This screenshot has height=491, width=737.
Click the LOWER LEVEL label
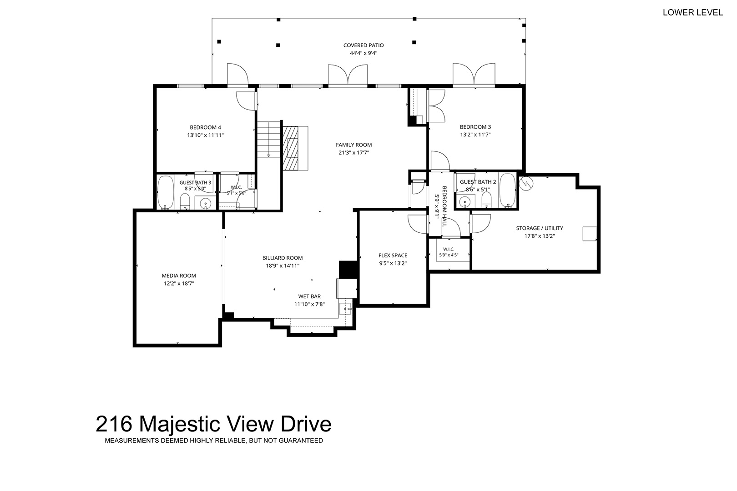pyautogui.click(x=692, y=12)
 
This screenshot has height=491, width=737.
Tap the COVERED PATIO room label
pyautogui.click(x=363, y=45)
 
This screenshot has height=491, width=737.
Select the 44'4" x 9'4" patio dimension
pyautogui.click(x=363, y=53)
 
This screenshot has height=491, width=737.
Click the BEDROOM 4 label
pyautogui.click(x=205, y=127)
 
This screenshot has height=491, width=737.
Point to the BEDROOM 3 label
pyautogui.click(x=475, y=126)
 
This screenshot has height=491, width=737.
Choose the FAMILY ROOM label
pyautogui.click(x=353, y=145)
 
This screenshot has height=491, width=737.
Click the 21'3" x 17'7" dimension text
pyautogui.click(x=353, y=153)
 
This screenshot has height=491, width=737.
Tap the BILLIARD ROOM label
pyautogui.click(x=283, y=258)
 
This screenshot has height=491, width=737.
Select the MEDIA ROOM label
pyautogui.click(x=179, y=276)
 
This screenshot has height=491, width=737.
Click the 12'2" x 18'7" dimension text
pyautogui.click(x=179, y=284)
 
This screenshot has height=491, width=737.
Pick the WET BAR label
pyautogui.click(x=310, y=296)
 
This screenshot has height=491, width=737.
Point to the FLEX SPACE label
pyautogui.click(x=393, y=256)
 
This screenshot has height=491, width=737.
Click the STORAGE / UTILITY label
pyautogui.click(x=540, y=228)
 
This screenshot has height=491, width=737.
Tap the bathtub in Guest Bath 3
pyautogui.click(x=165, y=192)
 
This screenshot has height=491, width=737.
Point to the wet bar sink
pyautogui.click(x=345, y=309)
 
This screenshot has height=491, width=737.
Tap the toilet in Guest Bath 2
pyautogui.click(x=486, y=200)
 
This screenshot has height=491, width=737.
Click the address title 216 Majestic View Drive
pyautogui.click(x=213, y=424)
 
